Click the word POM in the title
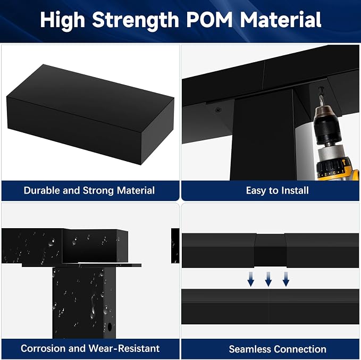209,20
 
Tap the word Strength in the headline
136,21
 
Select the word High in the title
62,21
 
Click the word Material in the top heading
280,20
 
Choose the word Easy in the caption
256,191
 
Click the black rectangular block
90,114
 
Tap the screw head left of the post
219,110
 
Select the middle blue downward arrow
268,279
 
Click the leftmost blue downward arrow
250,279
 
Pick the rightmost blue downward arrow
286,279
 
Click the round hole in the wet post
110,327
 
